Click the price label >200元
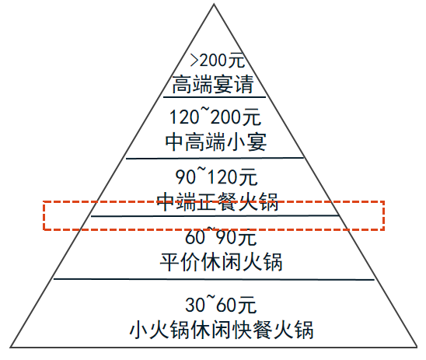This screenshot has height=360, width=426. (x=218, y=61)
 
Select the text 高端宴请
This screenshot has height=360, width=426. (x=213, y=84)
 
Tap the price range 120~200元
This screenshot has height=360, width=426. (x=215, y=117)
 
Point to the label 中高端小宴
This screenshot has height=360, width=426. (x=215, y=142)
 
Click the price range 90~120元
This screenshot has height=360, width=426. (x=216, y=177)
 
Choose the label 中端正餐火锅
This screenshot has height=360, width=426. (x=218, y=202)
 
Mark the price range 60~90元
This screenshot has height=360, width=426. (x=221, y=236)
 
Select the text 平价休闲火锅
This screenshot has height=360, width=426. (x=221, y=262)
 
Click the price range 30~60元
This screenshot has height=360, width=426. (x=221, y=304)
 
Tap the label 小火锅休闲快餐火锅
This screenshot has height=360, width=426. (x=221, y=330)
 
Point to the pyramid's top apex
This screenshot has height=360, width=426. (x=214, y=4)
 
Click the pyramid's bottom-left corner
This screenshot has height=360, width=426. (x=10, y=347)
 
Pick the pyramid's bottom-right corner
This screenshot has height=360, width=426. (x=417, y=347)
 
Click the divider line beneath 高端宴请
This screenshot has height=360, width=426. (x=215, y=96)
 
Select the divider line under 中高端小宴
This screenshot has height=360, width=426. (x=215, y=158)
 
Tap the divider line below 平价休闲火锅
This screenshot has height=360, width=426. (x=214, y=279)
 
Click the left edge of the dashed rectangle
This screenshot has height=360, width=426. (x=44, y=215)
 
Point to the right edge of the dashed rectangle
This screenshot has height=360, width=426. (x=383, y=215)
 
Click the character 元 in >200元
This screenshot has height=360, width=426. (x=236, y=61)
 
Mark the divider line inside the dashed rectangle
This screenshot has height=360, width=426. (x=215, y=216)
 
